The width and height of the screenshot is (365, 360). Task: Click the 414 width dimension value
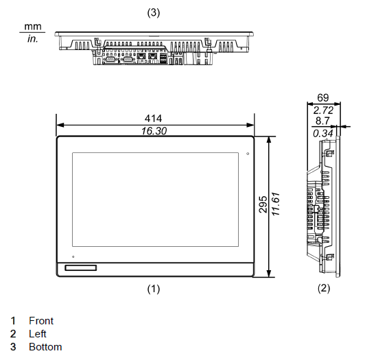click(x=153, y=119)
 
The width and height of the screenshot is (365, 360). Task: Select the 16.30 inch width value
click(x=154, y=131)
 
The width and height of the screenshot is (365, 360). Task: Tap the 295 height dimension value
click(x=263, y=204)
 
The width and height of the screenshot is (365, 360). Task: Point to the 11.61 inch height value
click(x=276, y=204)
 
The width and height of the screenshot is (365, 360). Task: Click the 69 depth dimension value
click(x=323, y=98)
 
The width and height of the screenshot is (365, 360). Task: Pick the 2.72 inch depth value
click(x=323, y=110)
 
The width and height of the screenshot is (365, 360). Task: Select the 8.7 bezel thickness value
click(x=322, y=121)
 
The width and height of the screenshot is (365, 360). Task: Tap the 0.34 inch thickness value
click(x=323, y=134)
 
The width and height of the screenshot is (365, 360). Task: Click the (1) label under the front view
click(x=154, y=289)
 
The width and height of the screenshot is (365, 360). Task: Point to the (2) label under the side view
click(x=324, y=288)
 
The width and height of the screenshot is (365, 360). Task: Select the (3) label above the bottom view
click(x=154, y=12)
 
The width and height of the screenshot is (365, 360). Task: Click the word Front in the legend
click(x=41, y=321)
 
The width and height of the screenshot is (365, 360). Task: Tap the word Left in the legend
click(x=38, y=334)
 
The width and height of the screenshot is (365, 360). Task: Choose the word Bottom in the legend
click(x=45, y=347)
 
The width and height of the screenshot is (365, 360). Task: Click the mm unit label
click(x=33, y=27)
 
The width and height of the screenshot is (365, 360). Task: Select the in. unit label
click(x=33, y=39)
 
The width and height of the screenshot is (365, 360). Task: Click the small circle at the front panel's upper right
click(x=248, y=154)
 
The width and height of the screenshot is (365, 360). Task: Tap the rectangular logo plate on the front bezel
click(x=81, y=268)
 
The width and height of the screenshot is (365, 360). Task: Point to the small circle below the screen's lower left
click(x=73, y=256)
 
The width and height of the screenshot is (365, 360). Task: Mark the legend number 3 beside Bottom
click(x=13, y=347)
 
